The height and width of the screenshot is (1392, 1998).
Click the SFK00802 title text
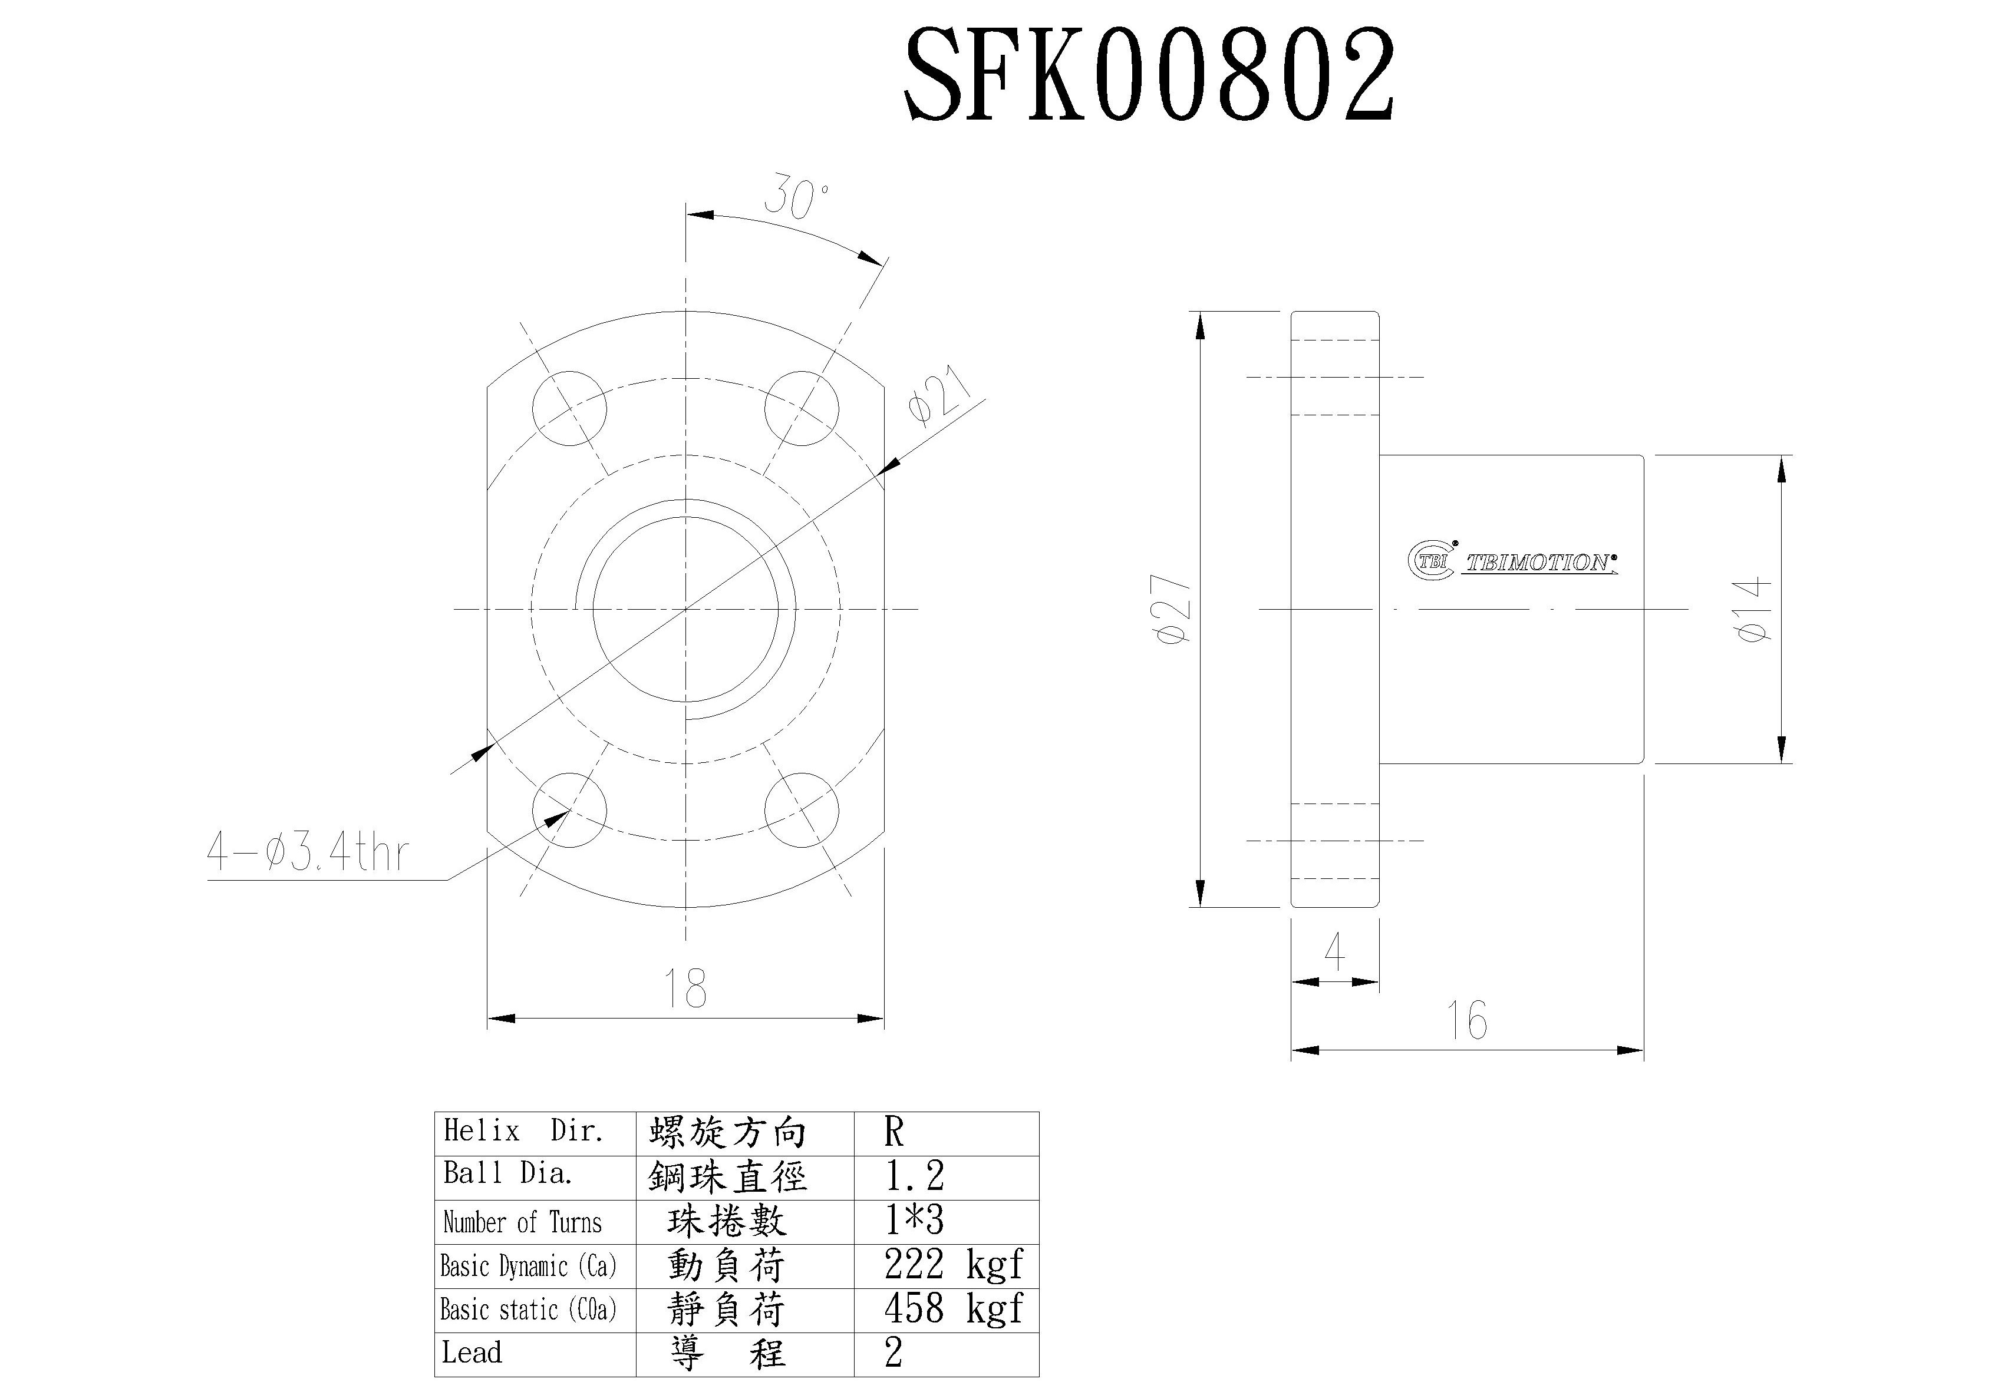[1149, 75]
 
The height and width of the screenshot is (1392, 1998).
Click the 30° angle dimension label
[796, 199]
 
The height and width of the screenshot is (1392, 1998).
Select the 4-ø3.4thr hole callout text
[306, 852]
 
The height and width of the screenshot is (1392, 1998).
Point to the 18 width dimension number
[685, 988]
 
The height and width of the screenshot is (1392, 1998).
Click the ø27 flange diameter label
[1171, 609]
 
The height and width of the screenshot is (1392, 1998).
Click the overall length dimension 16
[1466, 1020]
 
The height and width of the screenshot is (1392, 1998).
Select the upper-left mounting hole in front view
[569, 408]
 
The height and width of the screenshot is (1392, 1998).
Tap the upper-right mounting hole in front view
[802, 408]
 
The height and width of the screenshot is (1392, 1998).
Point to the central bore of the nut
[685, 609]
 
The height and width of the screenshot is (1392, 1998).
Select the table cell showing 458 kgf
[953, 1310]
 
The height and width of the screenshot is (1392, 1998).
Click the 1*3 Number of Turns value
[914, 1221]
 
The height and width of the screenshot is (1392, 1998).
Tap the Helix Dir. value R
[894, 1132]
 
